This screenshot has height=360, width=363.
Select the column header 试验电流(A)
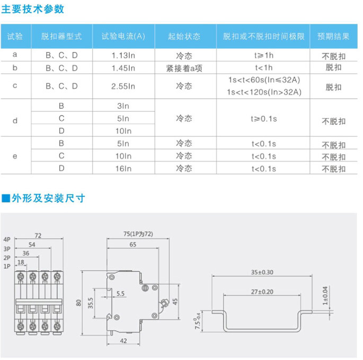point(123,37)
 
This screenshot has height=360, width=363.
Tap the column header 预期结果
point(333,37)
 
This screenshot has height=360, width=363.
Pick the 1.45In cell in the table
point(123,67)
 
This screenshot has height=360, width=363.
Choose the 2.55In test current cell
point(123,86)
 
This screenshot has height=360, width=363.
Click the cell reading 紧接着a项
point(184,67)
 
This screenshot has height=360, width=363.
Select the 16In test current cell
point(123,169)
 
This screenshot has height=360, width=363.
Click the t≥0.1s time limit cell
point(263,119)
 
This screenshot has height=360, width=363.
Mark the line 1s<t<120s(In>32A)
point(263,92)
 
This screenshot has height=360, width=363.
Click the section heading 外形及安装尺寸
point(48,198)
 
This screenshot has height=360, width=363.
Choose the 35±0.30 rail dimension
point(263,273)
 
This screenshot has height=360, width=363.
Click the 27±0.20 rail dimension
point(263,292)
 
